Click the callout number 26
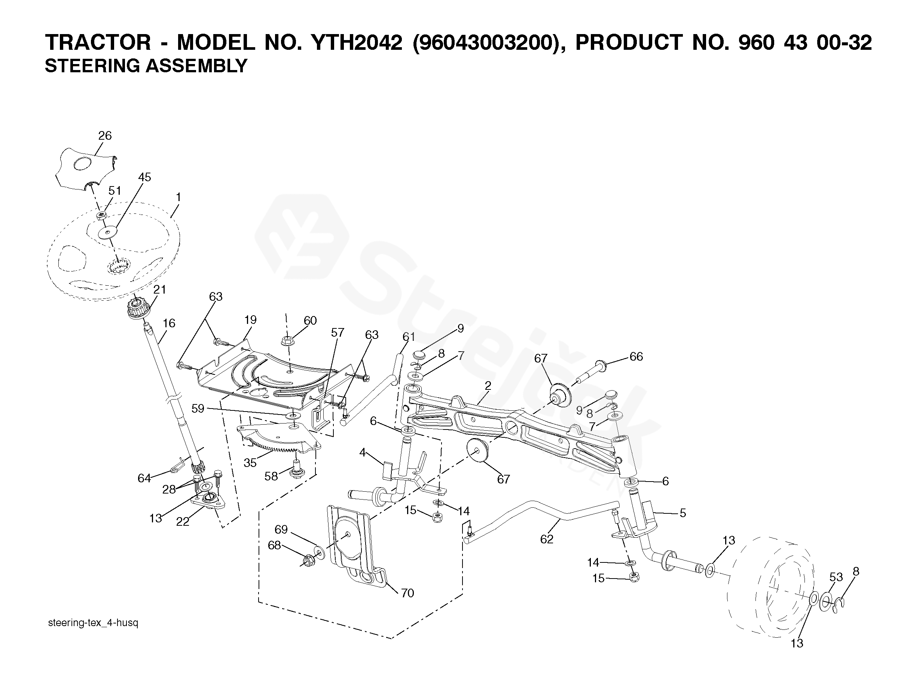pyautogui.click(x=105, y=136)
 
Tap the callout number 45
pyautogui.click(x=144, y=177)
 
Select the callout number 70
pyautogui.click(x=407, y=594)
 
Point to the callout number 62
pyautogui.click(x=547, y=539)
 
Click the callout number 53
pyautogui.click(x=836, y=577)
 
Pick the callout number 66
pyautogui.click(x=636, y=356)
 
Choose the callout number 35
pyautogui.click(x=250, y=463)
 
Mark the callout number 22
pyautogui.click(x=183, y=522)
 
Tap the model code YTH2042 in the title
pyautogui.click(x=357, y=43)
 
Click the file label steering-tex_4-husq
pyautogui.click(x=93, y=623)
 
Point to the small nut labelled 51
pyautogui.click(x=102, y=216)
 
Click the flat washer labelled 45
pyautogui.click(x=108, y=232)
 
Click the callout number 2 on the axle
pyautogui.click(x=488, y=386)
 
